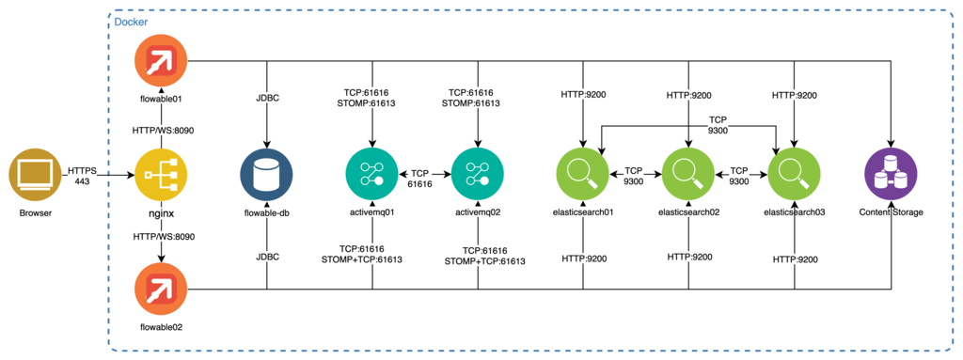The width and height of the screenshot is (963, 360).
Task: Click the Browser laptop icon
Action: pos(36,176)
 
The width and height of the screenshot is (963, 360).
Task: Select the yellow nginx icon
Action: pos(161,176)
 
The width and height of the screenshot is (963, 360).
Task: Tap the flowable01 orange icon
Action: pos(161,60)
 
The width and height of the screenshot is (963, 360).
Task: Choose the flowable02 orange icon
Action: pos(161,289)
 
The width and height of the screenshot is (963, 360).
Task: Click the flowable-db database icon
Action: pos(267,176)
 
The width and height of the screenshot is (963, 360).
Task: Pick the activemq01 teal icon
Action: pos(372,176)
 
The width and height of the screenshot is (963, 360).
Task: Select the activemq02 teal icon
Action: pos(478,176)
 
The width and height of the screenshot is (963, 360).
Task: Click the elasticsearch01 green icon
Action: pos(583,176)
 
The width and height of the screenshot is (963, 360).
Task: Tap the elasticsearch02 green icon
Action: pos(689,176)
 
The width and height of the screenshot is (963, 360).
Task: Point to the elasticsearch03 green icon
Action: pos(795,176)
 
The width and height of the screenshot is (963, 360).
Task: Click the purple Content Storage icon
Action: pos(891,176)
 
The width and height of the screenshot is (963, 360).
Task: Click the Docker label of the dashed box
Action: pos(131,21)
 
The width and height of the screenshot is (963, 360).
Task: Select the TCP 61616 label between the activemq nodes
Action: pos(425,180)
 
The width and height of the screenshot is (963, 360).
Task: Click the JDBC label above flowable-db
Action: pos(267,97)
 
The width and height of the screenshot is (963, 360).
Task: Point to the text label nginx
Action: pos(161,214)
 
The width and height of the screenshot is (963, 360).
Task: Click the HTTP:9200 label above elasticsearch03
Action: pos(795,95)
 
